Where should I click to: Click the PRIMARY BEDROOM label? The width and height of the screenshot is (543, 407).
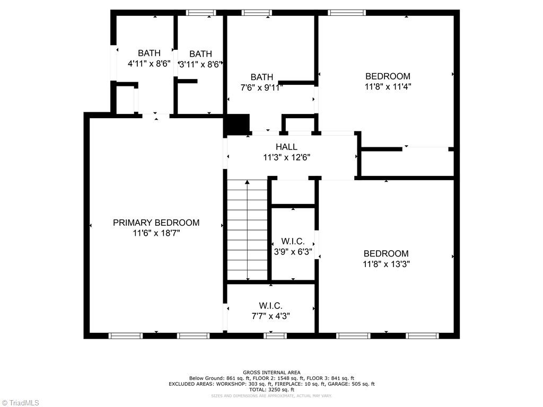point(156,223)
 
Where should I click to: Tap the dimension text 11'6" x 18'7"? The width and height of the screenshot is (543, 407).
point(156,233)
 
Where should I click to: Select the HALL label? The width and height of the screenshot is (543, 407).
point(286,147)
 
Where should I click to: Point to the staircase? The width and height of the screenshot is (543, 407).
point(248,230)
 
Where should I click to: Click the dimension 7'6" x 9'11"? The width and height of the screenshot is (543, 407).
point(262,87)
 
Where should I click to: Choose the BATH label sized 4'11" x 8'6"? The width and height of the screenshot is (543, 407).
point(149,53)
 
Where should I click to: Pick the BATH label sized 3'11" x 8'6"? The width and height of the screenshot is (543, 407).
point(200,54)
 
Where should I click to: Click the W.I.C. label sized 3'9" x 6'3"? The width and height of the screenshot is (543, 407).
point(293,242)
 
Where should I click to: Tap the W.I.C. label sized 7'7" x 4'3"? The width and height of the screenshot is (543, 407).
point(270,306)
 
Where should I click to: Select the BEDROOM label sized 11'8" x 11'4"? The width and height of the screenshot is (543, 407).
point(388,76)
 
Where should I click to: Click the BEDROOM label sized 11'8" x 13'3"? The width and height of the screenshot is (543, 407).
point(386,253)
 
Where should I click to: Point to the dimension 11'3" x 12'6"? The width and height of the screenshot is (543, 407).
point(286,157)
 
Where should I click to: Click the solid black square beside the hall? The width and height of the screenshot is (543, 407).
point(237,125)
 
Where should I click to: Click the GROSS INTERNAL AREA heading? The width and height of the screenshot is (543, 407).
point(271,373)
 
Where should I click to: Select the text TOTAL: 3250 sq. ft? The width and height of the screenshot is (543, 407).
point(271,389)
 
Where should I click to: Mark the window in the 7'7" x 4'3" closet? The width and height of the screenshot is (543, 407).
point(275,335)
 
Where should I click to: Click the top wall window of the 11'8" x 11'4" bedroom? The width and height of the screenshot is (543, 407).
point(347,13)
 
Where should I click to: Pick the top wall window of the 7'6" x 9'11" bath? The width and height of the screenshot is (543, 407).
point(257,13)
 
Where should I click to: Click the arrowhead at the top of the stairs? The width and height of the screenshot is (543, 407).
point(248,182)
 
